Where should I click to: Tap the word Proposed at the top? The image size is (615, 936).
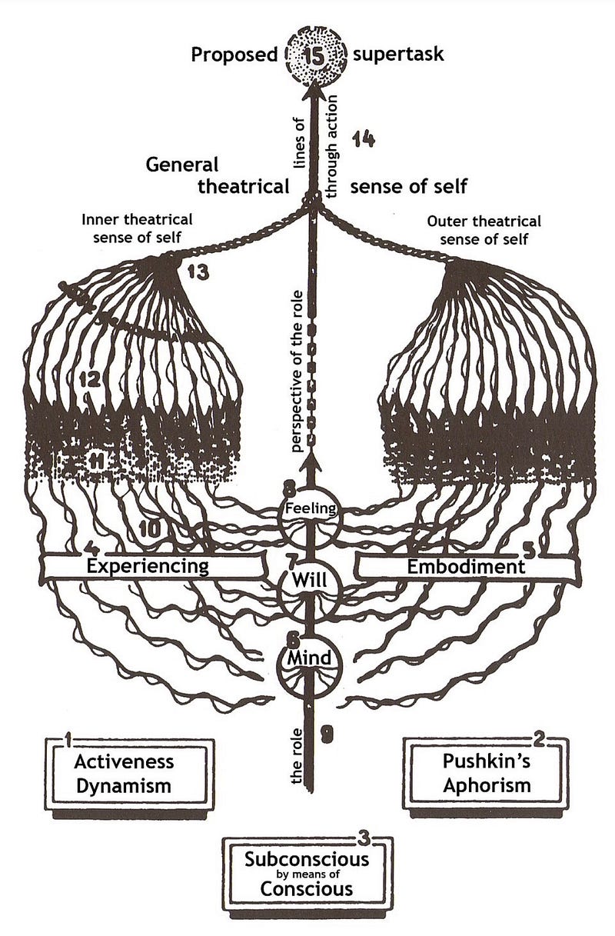233,55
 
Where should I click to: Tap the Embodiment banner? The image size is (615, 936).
465,567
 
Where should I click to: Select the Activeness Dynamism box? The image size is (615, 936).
125,774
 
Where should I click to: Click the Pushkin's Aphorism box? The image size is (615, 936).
486,774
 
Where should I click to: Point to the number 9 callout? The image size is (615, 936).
326,734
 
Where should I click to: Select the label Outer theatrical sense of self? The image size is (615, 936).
484,228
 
